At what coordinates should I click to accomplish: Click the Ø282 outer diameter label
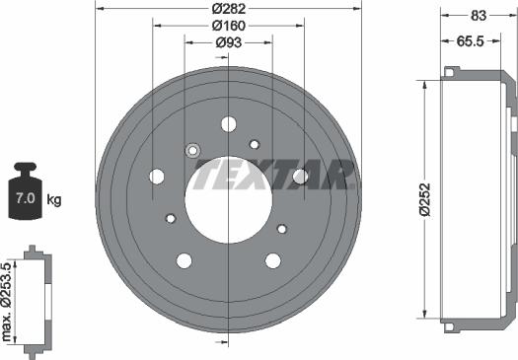[x=229, y=8]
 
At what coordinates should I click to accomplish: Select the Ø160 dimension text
[x=229, y=26]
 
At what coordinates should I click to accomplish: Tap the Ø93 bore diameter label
[x=229, y=42]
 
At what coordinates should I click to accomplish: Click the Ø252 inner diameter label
[x=423, y=198]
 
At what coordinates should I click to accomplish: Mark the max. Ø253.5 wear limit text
[x=9, y=302]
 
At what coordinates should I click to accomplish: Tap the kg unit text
[x=54, y=200]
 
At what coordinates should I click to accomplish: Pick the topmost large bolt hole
[x=229, y=124]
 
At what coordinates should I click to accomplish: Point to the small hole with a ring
[x=192, y=150]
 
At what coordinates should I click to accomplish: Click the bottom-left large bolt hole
[x=184, y=260]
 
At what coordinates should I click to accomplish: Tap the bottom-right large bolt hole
[x=273, y=260]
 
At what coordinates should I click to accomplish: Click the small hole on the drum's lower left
[x=170, y=218]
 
